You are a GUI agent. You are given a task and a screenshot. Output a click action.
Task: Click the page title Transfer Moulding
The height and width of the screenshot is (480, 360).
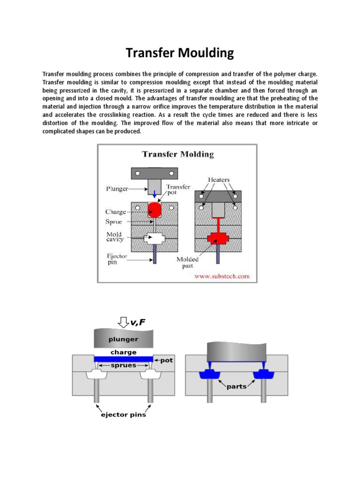coord(180,53)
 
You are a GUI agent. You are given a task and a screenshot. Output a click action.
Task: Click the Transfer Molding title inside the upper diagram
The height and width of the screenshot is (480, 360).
coord(178,154)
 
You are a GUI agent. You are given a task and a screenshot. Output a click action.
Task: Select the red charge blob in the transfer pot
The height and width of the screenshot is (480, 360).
coord(155,209)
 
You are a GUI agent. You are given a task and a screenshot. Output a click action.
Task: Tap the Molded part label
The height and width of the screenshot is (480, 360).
coord(187,262)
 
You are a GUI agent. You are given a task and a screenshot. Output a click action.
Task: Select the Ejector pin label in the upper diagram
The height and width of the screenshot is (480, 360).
coord(115,259)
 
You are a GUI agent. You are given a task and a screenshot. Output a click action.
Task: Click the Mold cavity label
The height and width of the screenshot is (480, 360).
coord(114,237)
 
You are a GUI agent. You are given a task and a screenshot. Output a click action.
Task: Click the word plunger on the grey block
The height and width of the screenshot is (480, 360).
coord(124,339)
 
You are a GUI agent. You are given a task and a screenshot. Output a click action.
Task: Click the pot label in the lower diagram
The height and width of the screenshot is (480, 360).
coord(166,360)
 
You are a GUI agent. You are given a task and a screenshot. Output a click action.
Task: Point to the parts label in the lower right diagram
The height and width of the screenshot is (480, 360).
coord(237,387)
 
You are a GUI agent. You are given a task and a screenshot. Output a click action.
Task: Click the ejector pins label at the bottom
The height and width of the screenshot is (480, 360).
coord(123,414)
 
